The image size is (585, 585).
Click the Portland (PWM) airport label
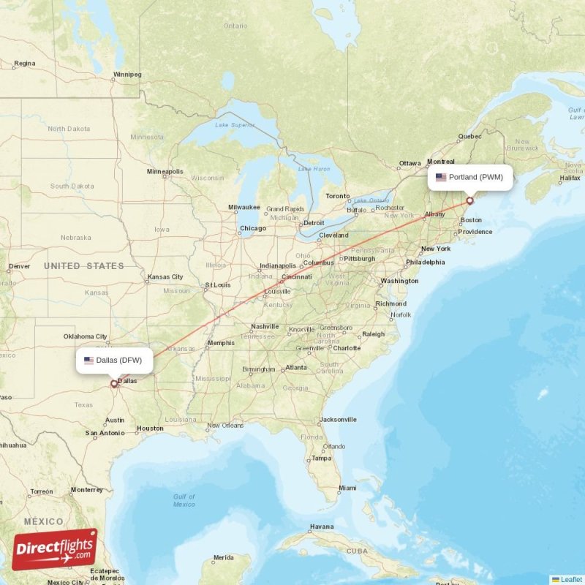469,177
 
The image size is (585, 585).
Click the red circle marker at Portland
470,200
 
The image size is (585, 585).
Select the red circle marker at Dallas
114,383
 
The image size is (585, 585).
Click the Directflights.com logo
55,549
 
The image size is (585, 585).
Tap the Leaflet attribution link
571,579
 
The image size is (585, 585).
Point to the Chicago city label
252,228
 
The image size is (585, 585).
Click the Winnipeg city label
127,74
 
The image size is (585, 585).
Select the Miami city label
347,488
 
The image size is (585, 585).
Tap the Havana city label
321,526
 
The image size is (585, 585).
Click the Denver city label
19,266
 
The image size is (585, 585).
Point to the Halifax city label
570,178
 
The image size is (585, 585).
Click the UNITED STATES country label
84,266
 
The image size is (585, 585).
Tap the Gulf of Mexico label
184,500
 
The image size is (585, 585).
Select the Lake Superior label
235,125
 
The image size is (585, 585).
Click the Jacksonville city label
337,420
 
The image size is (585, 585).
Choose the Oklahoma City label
86,336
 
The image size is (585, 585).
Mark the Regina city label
24,64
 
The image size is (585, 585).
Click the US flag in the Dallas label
88,360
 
